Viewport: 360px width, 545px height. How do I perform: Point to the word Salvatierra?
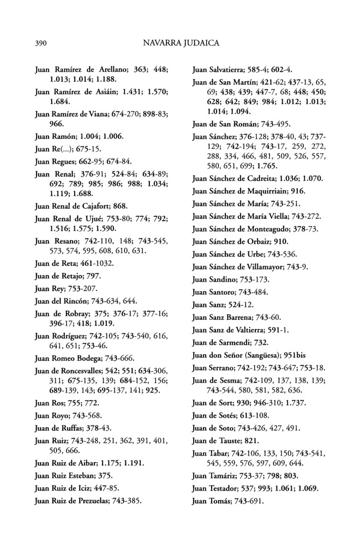[x=231, y=70]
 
